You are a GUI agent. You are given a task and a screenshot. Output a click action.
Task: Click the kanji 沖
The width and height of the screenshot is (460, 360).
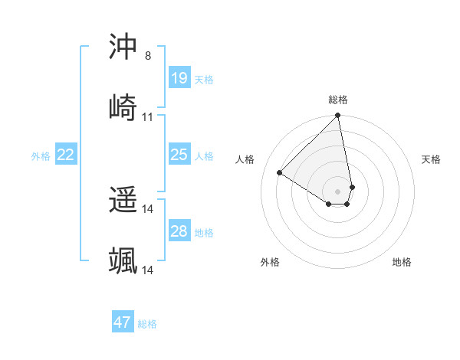[x=123, y=47]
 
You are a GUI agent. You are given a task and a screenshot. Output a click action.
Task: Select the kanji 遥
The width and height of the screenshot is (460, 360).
[x=123, y=201]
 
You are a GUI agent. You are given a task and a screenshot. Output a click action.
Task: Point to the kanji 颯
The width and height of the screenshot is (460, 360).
[x=123, y=260]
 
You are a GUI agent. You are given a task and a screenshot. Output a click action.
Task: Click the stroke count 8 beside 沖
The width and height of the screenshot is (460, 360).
[x=147, y=56]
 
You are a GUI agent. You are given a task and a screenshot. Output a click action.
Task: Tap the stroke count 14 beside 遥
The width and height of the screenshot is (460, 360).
[x=147, y=209]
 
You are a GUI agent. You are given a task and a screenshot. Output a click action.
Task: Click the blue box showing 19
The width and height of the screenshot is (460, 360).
[x=179, y=77]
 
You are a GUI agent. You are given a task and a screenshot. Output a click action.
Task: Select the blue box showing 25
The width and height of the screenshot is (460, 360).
[x=179, y=155]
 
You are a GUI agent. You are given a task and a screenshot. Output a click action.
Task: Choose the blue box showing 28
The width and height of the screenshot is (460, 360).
[x=179, y=231]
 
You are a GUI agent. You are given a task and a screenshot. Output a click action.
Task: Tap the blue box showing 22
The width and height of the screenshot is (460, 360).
[x=65, y=155]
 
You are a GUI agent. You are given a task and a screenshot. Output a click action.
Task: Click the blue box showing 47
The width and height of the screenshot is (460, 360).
[x=123, y=322]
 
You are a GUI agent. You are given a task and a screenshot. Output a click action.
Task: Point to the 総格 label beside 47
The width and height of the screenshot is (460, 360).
[x=147, y=324]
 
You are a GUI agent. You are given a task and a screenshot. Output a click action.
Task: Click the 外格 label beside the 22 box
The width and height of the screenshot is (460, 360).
[x=41, y=156]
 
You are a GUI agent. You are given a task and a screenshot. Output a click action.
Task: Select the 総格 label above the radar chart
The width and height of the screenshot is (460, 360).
[x=338, y=100]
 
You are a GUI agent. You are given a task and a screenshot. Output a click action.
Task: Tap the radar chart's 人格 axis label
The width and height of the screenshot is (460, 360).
[x=245, y=159]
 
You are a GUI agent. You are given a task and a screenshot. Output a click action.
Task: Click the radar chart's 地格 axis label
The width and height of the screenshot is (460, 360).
[x=402, y=262]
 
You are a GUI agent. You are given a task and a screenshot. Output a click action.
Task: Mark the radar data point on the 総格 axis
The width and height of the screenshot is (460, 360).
[x=338, y=116]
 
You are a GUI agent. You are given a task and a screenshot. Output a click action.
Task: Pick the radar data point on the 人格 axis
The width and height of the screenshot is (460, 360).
[x=280, y=173]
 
